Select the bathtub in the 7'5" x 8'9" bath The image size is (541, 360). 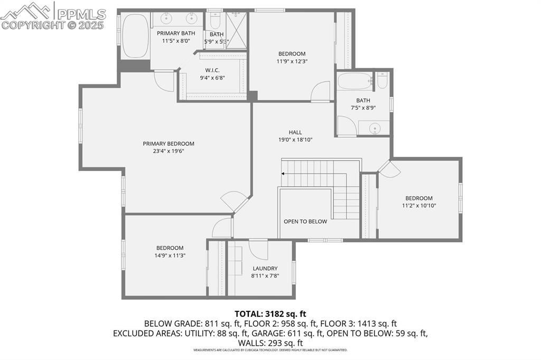coord(355,81)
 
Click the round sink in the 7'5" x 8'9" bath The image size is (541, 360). coord(375,127)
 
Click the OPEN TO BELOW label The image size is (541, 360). coord(305,221)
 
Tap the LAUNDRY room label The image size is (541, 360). coord(265,268)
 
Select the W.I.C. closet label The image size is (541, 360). coord(212,70)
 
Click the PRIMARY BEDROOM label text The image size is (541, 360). coord(169,144)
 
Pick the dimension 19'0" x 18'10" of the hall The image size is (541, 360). coord(295,140)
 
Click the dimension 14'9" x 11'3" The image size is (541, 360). coord(170,255)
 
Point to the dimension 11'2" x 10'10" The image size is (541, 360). coord(419,206)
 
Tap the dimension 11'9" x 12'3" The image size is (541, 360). coord(292,61)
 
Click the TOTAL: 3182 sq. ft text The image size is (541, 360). coord(270,313)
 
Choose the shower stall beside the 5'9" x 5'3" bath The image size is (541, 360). coord(237,30)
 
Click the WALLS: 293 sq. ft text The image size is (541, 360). coord(270,343)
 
